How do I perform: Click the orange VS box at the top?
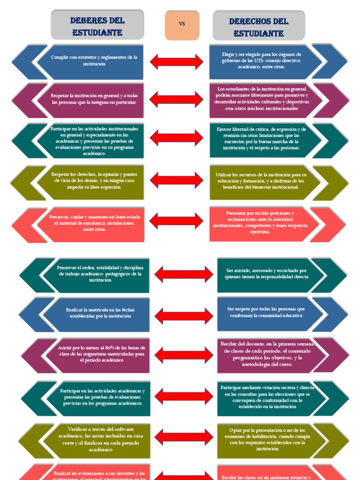click(182, 25)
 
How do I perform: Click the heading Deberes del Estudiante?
click(97, 26)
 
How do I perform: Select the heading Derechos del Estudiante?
click(258, 27)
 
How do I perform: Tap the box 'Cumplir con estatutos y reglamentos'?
click(94, 61)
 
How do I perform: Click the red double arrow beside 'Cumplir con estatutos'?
click(176, 61)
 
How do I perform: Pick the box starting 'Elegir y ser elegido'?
click(261, 61)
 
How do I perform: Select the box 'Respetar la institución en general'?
click(94, 99)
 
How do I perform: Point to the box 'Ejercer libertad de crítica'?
click(261, 138)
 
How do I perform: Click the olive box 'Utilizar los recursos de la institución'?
click(261, 181)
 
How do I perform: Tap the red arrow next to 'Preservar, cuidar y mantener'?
click(176, 220)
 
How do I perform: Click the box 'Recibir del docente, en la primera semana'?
click(266, 354)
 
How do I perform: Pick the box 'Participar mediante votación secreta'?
click(268, 397)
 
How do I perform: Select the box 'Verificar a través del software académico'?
click(101, 440)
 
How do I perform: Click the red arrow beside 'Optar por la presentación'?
click(184, 437)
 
